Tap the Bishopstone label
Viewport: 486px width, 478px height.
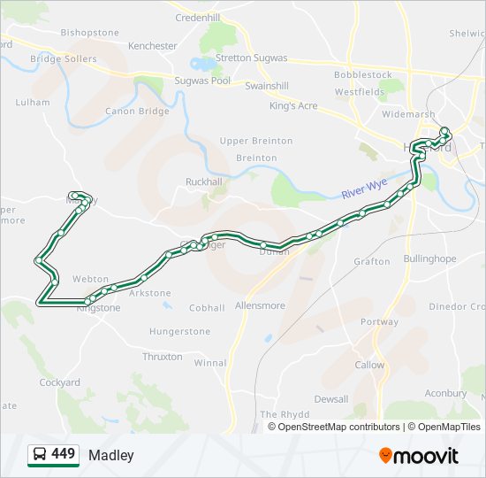click(x=89, y=33)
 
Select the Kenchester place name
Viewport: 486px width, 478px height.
click(x=153, y=45)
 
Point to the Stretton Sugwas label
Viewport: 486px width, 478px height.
click(x=252, y=58)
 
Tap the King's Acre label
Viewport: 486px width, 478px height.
click(x=293, y=105)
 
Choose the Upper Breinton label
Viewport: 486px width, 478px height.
click(x=256, y=141)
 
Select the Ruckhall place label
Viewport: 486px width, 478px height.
click(x=204, y=181)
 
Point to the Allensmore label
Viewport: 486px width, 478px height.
click(x=260, y=305)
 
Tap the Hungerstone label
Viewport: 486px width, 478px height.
click(x=180, y=331)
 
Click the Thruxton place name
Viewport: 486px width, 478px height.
click(x=163, y=357)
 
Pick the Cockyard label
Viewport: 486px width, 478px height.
click(x=59, y=382)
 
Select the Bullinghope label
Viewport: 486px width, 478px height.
click(x=429, y=259)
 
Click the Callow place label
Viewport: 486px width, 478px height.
click(x=369, y=365)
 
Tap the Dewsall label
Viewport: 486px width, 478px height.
click(x=330, y=399)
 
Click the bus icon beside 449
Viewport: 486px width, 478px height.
click(x=39, y=454)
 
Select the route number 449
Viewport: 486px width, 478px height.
click(x=64, y=454)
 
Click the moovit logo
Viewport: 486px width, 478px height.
click(x=419, y=455)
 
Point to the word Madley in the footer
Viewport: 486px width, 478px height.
click(x=111, y=455)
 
